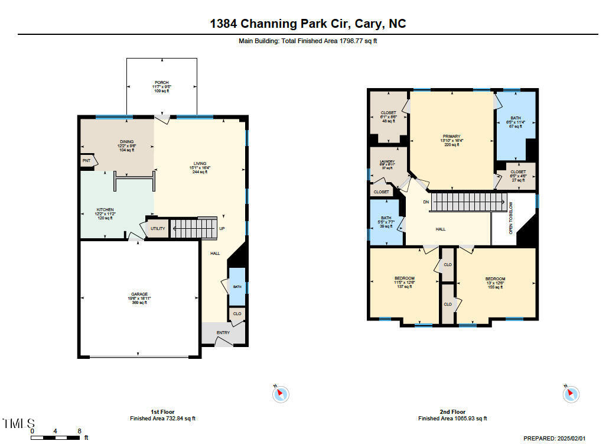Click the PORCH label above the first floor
click(161, 83)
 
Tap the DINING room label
click(127, 142)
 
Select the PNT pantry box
click(86, 160)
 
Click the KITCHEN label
click(105, 210)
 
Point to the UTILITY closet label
click(158, 228)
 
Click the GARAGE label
click(139, 294)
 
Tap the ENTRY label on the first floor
click(223, 333)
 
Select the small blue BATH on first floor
click(237, 287)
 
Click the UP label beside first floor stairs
click(222, 229)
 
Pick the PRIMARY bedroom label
click(451, 137)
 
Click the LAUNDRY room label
click(387, 161)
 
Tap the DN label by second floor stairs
click(426, 202)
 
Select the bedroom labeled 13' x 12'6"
click(495, 279)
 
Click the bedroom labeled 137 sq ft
click(405, 278)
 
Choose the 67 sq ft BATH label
click(516, 118)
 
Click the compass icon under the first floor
click(281, 394)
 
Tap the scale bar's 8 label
click(79, 431)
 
